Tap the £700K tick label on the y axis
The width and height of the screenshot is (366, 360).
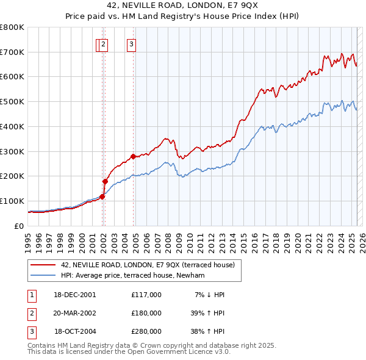12,52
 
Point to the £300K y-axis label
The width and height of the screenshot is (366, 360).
12,151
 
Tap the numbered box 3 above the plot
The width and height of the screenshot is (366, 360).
131,43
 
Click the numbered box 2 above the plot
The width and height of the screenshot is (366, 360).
104,43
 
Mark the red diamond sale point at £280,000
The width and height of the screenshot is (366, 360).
133,156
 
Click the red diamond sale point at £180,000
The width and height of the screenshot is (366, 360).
105,181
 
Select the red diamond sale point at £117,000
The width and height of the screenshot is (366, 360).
102,196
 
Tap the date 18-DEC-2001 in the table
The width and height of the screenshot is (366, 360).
74,294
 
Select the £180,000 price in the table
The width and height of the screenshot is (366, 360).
146,312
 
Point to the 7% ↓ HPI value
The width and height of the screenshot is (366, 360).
209,294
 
